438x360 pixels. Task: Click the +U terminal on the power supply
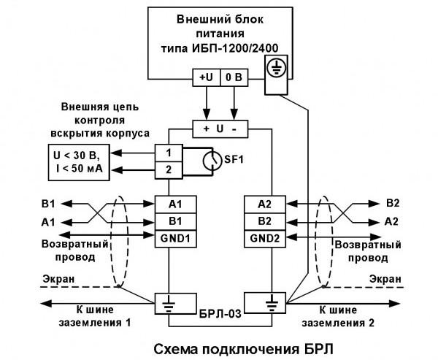pos(207,77)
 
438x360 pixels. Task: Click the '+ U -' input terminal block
pos(220,128)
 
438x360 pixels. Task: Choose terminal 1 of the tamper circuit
pos(169,153)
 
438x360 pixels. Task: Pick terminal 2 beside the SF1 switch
pos(169,170)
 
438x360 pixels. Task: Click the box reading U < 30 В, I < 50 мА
pos(71,162)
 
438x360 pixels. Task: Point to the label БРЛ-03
pos(216,312)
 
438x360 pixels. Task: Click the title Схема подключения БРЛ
pos(218,345)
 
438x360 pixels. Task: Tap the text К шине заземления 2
pos(350,316)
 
